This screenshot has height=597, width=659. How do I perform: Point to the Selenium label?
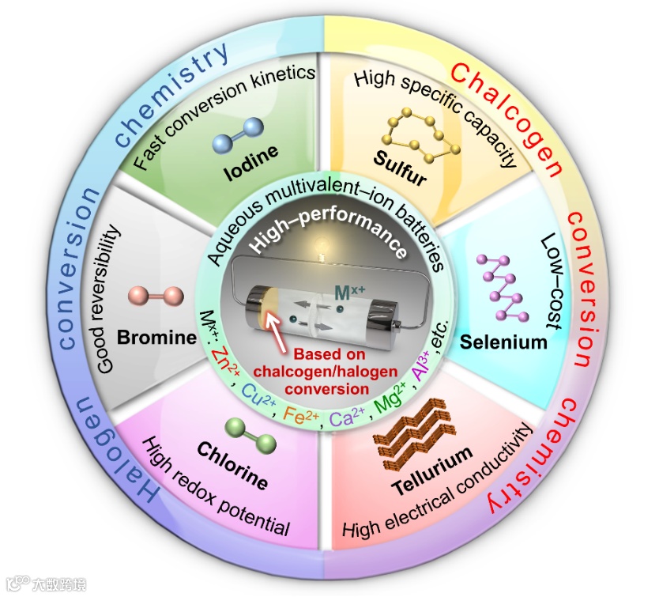pyautogui.click(x=515, y=342)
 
